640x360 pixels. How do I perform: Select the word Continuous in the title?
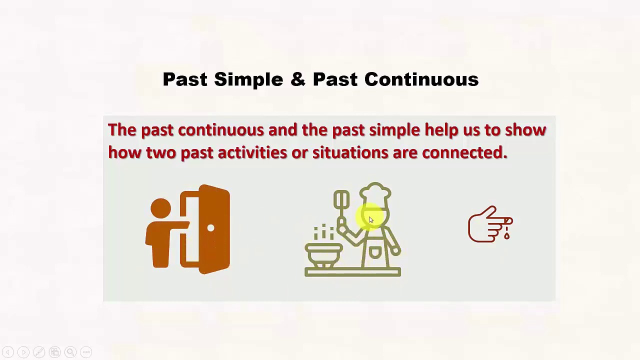pyautogui.click(x=421, y=79)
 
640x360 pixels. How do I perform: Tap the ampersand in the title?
pyautogui.click(x=297, y=79)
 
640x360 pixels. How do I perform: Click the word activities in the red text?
pyautogui.click(x=252, y=152)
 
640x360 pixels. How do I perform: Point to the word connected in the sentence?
pyautogui.click(x=464, y=152)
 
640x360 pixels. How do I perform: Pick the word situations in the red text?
pyautogui.click(x=350, y=152)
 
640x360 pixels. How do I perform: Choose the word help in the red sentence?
pyautogui.click(x=441, y=130)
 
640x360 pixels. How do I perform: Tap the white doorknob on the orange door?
pyautogui.click(x=210, y=228)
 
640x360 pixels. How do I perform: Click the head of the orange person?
pyautogui.click(x=160, y=208)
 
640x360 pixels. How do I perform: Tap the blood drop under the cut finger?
pyautogui.click(x=507, y=234)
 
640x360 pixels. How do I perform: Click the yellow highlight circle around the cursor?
pyautogui.click(x=371, y=217)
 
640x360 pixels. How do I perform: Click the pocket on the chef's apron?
pyautogui.click(x=374, y=253)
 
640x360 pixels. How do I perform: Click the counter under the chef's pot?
pyautogui.click(x=352, y=272)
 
